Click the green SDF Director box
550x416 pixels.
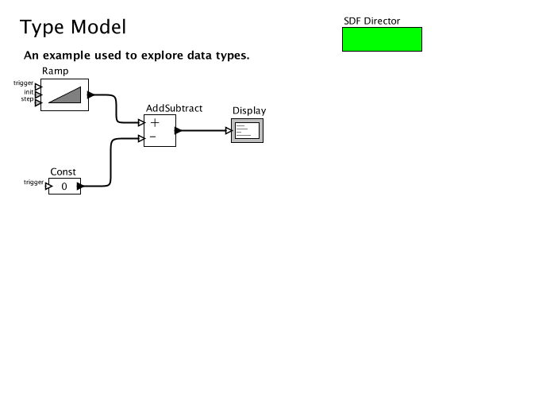(382, 39)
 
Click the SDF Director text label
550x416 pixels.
(371, 21)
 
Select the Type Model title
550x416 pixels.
(72, 27)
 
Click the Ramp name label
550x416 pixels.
(55, 71)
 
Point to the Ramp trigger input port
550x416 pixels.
(37, 86)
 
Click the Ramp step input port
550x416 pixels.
(37, 102)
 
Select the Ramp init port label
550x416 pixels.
(28, 92)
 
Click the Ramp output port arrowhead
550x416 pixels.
(91, 95)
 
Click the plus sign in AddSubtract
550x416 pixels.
(155, 122)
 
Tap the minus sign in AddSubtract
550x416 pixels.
(154, 137)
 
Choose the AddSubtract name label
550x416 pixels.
(174, 108)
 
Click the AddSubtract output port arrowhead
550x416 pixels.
(179, 130)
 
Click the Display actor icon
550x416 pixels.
(247, 131)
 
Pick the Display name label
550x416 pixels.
(249, 111)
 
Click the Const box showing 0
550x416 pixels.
(64, 187)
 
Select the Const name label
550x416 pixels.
(63, 171)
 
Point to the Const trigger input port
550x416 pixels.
(47, 187)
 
